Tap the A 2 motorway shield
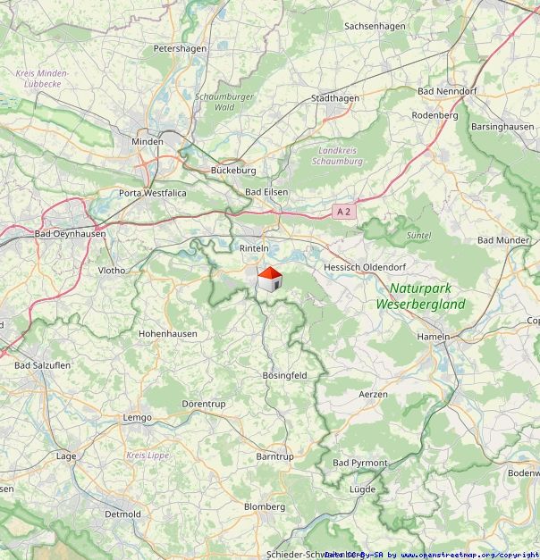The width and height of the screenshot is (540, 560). [x=343, y=212]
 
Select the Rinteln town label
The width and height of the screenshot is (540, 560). [x=254, y=247]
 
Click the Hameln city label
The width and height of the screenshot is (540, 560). [x=435, y=336]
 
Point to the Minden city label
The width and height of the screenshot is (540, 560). [x=148, y=141]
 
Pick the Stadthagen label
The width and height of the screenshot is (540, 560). [x=334, y=98]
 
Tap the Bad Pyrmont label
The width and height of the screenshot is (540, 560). [x=359, y=463]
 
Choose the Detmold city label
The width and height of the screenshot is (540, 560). [x=122, y=514]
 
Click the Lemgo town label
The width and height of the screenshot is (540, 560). [x=137, y=417]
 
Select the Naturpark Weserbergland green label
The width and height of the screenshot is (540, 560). [x=421, y=297]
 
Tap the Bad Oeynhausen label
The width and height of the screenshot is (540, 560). [x=70, y=234]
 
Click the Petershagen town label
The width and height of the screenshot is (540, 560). [x=180, y=48]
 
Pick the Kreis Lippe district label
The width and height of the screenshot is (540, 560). [x=148, y=456]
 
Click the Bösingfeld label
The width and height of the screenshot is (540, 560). [x=284, y=376]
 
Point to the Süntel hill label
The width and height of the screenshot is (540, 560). [x=418, y=235]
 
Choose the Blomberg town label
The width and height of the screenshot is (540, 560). [x=265, y=506]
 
